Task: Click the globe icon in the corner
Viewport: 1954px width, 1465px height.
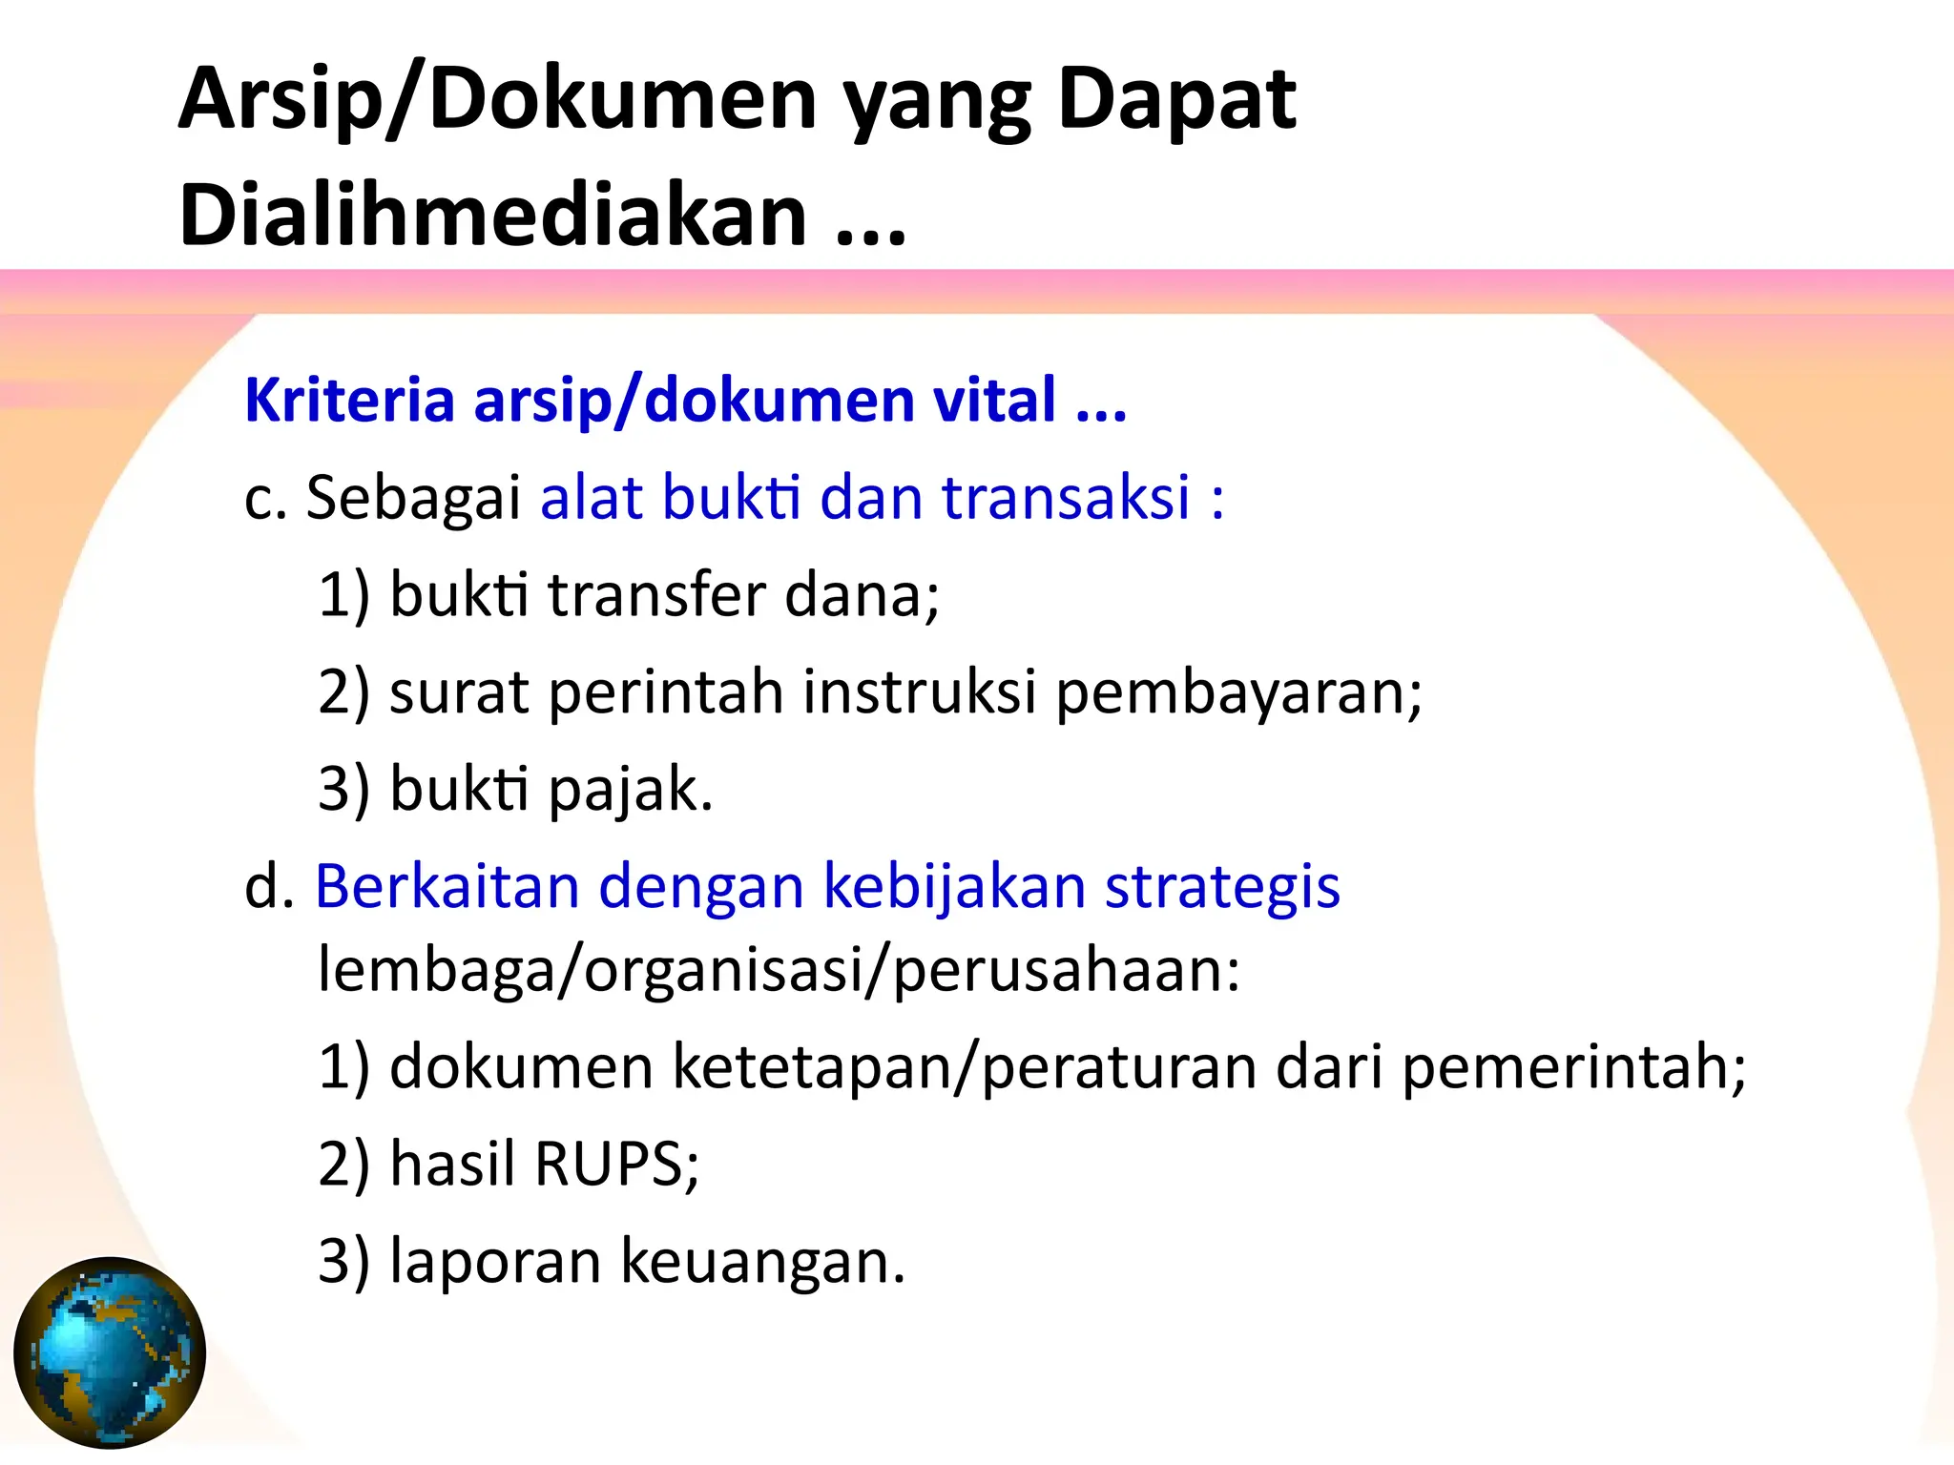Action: click(110, 1352)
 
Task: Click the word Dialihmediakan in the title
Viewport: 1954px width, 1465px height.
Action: click(492, 215)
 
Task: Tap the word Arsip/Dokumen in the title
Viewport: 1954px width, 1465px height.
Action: click(497, 98)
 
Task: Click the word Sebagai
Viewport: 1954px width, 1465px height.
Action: click(412, 498)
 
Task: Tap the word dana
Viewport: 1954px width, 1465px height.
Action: click(861, 595)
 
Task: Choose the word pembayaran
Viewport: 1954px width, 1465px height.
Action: click(1238, 694)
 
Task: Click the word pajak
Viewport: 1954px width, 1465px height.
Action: click(631, 792)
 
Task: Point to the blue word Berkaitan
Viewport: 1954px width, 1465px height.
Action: click(447, 886)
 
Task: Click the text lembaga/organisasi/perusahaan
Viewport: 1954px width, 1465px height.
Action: click(779, 971)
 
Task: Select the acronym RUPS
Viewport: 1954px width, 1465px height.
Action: click(615, 1164)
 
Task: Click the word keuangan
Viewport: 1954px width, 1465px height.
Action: click(761, 1262)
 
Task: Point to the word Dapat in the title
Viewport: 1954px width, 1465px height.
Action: click(1176, 98)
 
